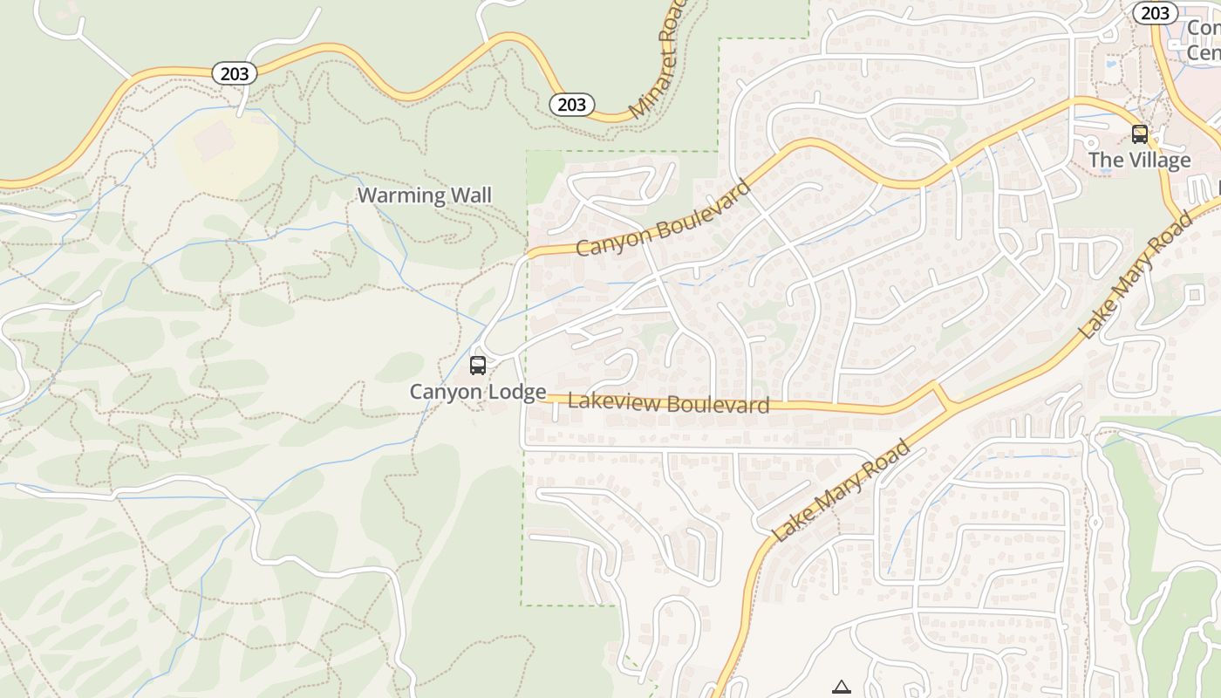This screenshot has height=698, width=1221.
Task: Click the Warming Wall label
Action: tap(425, 195)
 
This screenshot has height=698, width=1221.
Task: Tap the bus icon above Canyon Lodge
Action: tap(478, 365)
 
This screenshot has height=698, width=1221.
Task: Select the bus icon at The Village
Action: tap(1139, 134)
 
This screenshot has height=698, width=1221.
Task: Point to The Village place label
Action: tap(1139, 160)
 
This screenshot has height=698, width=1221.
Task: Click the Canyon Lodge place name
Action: tap(478, 392)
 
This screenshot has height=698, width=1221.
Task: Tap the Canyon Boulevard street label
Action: tap(663, 219)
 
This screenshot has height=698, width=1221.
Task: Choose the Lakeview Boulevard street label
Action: tap(668, 403)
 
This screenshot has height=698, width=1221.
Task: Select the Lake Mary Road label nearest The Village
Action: tap(1136, 276)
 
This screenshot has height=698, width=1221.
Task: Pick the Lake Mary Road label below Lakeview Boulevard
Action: tap(842, 490)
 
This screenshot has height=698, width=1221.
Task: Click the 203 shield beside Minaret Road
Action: tap(571, 105)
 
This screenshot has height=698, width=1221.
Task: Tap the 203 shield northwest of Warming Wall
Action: tap(235, 73)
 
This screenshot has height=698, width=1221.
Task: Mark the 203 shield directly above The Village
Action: tap(1155, 12)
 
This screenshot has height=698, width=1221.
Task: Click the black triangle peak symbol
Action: tap(841, 687)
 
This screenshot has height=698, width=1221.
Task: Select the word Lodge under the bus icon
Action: tap(517, 392)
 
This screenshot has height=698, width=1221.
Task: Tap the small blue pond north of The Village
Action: tap(1110, 64)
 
